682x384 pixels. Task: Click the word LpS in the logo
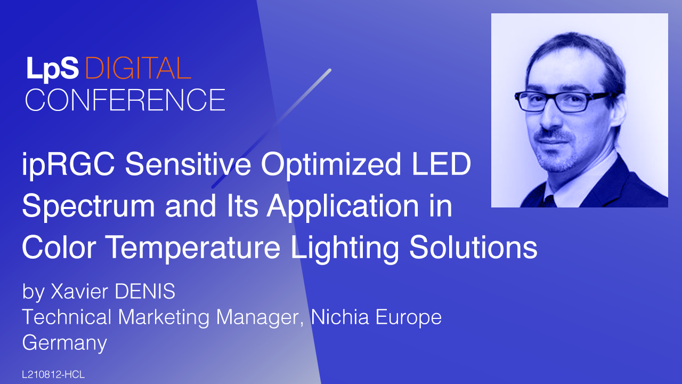[x=52, y=69]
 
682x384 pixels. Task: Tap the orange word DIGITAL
[x=138, y=68]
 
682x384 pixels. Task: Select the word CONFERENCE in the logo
[x=125, y=100]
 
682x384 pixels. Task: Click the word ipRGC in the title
[x=68, y=165]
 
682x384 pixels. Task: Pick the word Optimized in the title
[x=331, y=165]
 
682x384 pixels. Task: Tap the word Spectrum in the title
[x=88, y=206]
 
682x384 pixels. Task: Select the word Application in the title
[x=344, y=206]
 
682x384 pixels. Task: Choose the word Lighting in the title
[x=345, y=249]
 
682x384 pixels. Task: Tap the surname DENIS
[x=145, y=291]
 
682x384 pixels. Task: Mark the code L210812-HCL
[x=53, y=374]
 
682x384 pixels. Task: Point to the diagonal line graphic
[x=271, y=129]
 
